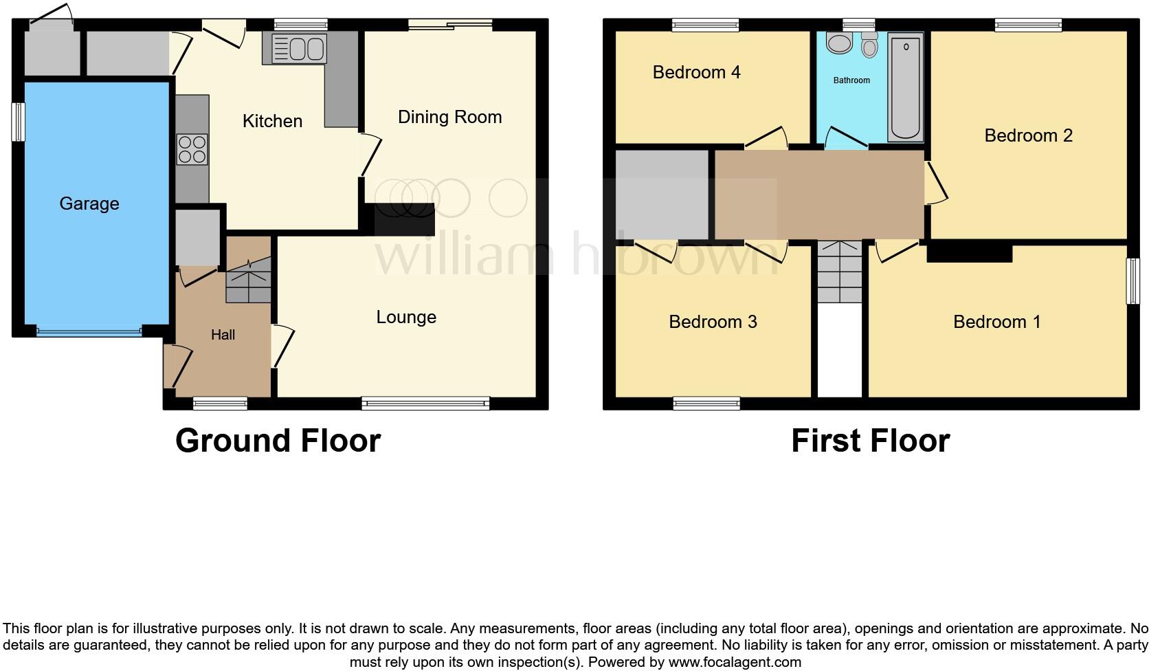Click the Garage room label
tap(89, 203)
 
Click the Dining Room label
tap(449, 117)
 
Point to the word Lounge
tap(406, 317)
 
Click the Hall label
tap(223, 335)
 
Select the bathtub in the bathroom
tap(906, 88)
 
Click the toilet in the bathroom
tap(869, 45)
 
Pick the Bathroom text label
tap(851, 80)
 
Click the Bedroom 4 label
tap(696, 72)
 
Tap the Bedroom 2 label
tap(1028, 135)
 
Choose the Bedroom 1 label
tap(996, 322)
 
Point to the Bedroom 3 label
tap(713, 322)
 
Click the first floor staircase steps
tap(839, 272)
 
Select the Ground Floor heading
tap(278, 441)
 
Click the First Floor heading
tap(870, 441)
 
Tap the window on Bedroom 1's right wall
tap(1132, 280)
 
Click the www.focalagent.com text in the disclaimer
tap(734, 663)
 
